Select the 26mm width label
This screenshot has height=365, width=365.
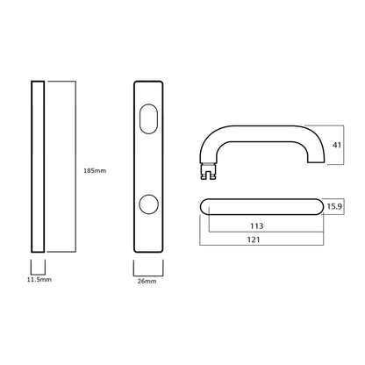tap(147, 281)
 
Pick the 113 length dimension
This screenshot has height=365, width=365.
tap(257, 225)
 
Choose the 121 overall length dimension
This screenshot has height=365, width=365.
tap(257, 239)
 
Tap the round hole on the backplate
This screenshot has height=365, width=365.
tap(147, 206)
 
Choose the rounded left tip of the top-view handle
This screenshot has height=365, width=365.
tap(204, 207)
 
